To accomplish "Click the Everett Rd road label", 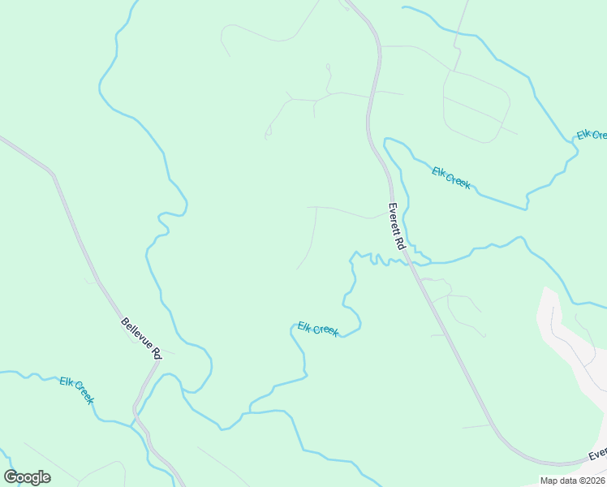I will tap(395, 226).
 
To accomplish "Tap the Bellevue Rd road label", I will tap(141, 338).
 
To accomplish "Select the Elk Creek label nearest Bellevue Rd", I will tap(77, 390).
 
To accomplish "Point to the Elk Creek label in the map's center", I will tap(317, 329).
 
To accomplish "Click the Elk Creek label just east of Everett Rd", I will tap(451, 178).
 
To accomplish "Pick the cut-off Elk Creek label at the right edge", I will tap(592, 135).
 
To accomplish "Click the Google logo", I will tap(27, 477).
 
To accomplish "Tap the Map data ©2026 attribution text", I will tap(572, 481).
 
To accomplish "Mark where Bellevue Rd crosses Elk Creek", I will tap(135, 423).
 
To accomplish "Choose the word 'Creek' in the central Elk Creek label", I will tap(325, 330).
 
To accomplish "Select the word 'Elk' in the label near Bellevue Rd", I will tap(66, 381).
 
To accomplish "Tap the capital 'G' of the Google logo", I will tap(11, 477).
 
